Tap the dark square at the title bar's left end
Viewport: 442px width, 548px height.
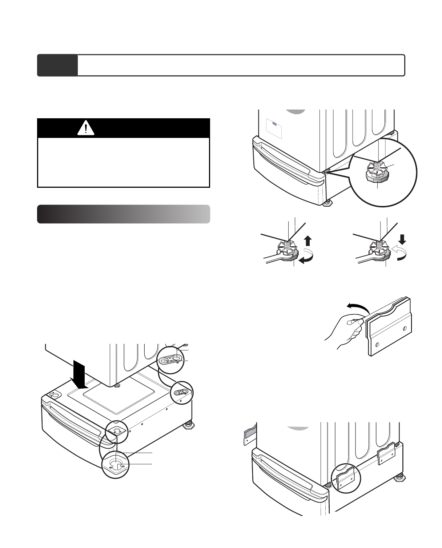coord(57,65)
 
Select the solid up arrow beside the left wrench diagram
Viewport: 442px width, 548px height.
coord(308,241)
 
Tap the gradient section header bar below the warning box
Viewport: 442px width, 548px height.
coord(124,214)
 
